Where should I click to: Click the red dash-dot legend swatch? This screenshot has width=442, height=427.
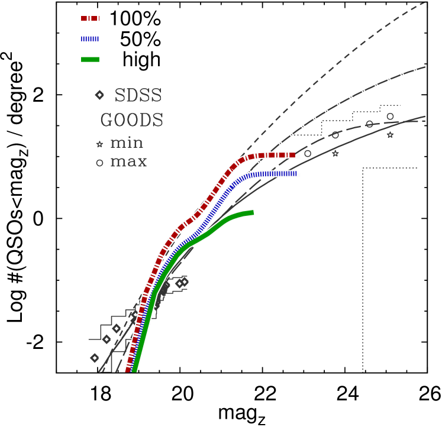90,18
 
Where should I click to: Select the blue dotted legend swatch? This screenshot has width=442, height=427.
90,39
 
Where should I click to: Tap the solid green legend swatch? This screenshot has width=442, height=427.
90,59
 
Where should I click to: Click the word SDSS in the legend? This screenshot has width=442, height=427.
137,96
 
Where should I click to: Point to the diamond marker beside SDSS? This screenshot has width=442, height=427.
99,95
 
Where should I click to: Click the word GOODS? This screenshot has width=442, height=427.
131,121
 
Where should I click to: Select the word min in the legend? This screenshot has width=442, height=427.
127,143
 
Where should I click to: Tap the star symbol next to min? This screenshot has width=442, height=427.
99,144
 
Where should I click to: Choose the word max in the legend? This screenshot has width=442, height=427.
128,161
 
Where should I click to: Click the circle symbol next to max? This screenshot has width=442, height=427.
99,163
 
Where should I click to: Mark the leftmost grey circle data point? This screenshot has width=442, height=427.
308,154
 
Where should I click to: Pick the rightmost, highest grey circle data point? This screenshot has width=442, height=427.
390,117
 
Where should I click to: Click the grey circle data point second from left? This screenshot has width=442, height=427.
335,135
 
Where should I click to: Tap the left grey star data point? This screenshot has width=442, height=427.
335,154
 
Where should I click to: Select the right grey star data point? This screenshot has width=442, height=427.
390,135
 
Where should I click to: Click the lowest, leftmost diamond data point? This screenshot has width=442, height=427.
95,358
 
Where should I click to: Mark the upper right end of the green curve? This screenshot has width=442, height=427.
253,212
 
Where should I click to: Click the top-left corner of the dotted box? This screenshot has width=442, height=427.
363,169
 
